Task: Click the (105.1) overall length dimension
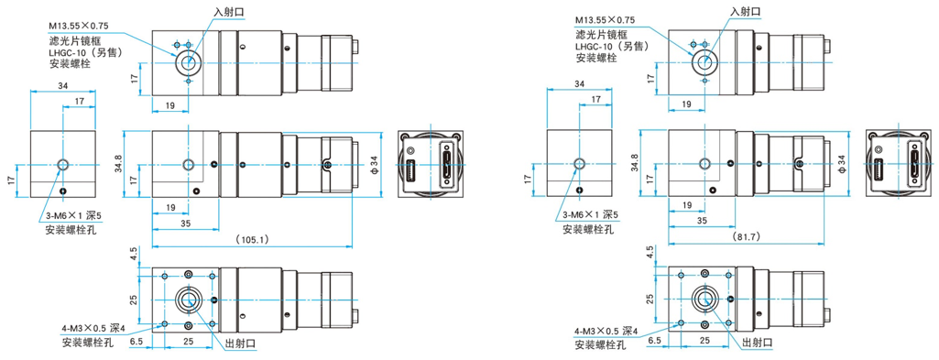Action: click(x=252, y=240)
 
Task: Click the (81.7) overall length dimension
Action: click(x=745, y=237)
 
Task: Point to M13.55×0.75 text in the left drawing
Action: click(x=78, y=27)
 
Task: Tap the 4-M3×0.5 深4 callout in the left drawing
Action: click(x=93, y=328)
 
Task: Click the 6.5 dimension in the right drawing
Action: click(x=656, y=341)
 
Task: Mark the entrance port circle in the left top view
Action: click(x=188, y=61)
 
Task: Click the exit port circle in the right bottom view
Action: click(x=704, y=298)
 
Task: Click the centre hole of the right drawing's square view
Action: click(x=579, y=164)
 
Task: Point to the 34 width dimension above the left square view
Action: click(x=63, y=85)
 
